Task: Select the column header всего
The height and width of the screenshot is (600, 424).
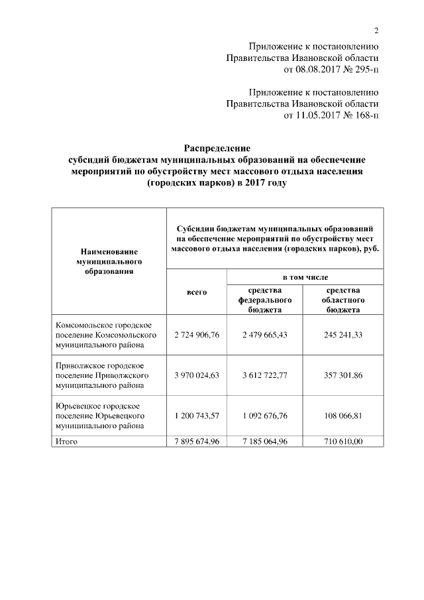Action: pyautogui.click(x=197, y=292)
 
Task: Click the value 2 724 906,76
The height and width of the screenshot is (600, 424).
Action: pyautogui.click(x=197, y=335)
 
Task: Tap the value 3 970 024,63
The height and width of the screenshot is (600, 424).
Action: pyautogui.click(x=197, y=375)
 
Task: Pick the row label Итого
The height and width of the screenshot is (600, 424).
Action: pyautogui.click(x=68, y=442)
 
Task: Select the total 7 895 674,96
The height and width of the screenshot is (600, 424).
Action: pyautogui.click(x=197, y=442)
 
